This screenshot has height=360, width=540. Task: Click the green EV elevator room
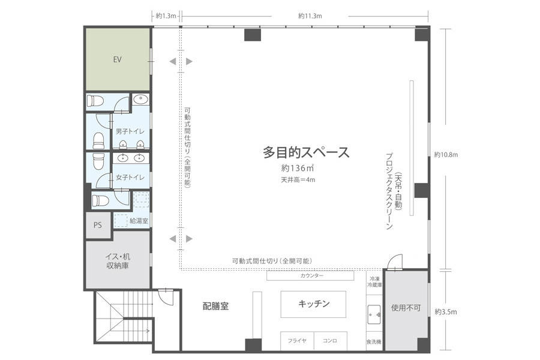coord(118,59)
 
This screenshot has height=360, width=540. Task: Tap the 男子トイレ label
coord(130,131)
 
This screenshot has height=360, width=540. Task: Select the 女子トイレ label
coord(130,177)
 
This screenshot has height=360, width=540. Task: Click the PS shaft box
coord(98,225)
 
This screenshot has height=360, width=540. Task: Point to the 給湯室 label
coord(139,220)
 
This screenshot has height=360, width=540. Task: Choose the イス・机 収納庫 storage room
coord(118,261)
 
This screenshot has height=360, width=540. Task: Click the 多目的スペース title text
coord(306,152)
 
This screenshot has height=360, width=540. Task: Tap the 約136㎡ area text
coord(297,168)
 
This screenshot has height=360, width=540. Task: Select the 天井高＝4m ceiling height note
coord(298,179)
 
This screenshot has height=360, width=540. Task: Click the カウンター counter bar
coord(310,275)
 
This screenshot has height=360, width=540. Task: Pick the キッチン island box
coord(313,304)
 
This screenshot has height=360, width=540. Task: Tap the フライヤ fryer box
coord(297,341)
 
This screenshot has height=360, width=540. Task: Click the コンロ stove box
coord(330,341)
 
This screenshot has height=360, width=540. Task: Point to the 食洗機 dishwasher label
coord(374,342)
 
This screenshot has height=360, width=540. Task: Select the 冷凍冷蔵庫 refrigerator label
coord(374,282)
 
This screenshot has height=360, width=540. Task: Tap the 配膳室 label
coord(215,306)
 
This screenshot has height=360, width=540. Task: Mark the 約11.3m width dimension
coord(310,16)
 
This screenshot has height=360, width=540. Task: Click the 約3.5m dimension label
coord(446,312)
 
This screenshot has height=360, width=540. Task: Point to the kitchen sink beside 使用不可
coord(374,314)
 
